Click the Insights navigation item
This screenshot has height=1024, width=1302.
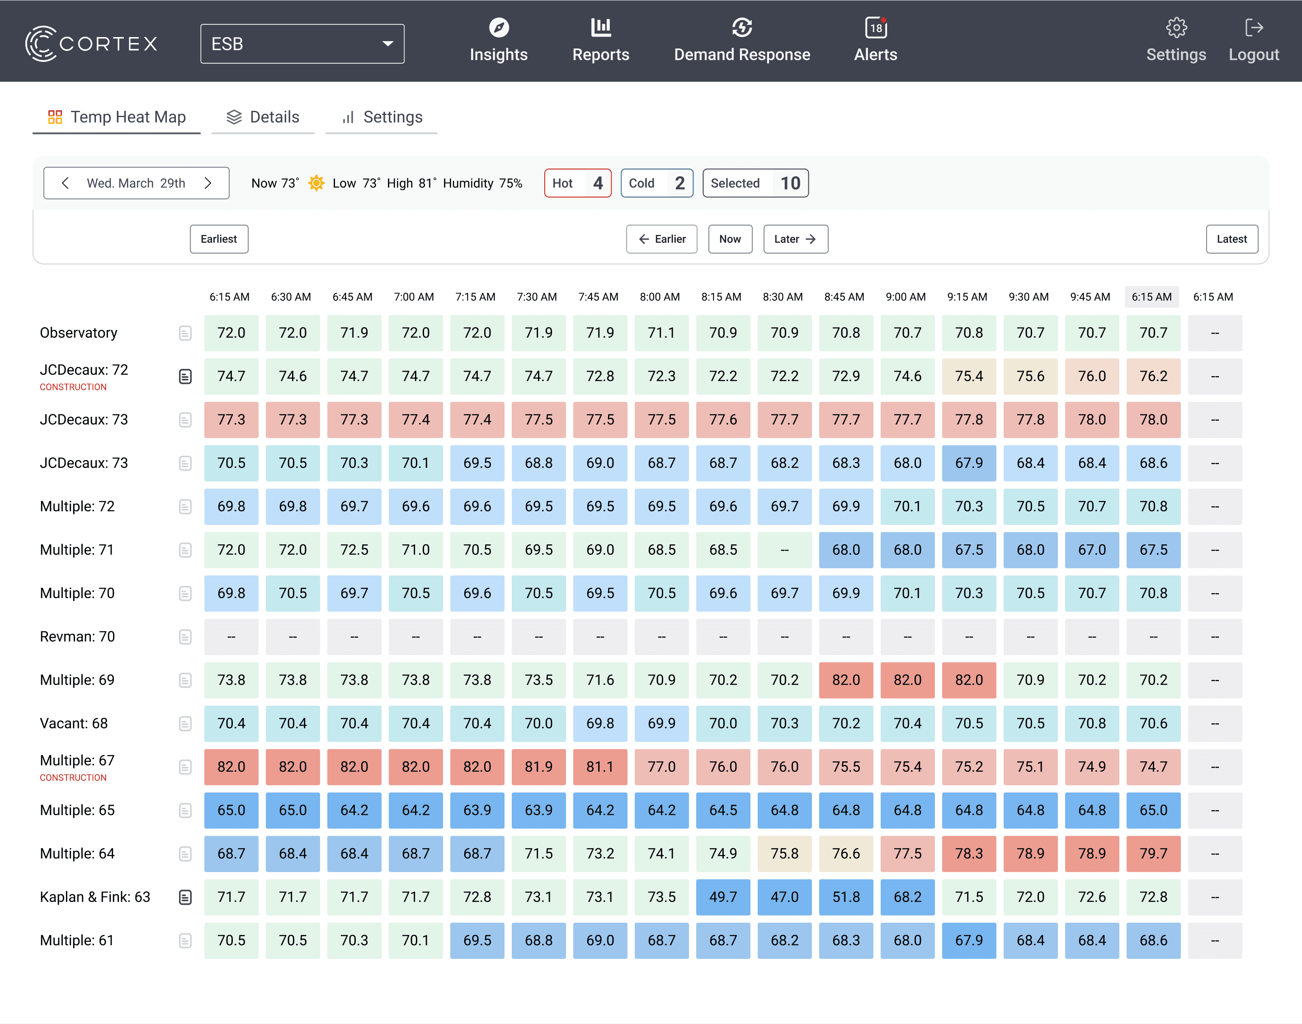[x=499, y=41]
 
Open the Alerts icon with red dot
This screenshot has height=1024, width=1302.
[x=876, y=28]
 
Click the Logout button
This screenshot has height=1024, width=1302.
[x=1254, y=41]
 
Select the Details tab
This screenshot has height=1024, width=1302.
[x=263, y=117]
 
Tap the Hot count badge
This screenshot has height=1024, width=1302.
[x=577, y=183]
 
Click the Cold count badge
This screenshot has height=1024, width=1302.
[x=656, y=183]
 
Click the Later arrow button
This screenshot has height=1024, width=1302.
[x=796, y=239]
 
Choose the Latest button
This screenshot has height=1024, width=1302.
[x=1231, y=239]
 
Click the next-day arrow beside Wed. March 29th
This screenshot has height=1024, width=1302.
[x=208, y=183]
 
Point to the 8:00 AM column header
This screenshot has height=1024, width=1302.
[x=660, y=297]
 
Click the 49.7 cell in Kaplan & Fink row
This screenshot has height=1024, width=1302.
[x=723, y=897]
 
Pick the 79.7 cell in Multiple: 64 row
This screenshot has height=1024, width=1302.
[x=1153, y=854]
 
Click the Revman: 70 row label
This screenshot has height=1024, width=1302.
[x=77, y=637]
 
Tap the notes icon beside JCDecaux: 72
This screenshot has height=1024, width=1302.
[x=185, y=377]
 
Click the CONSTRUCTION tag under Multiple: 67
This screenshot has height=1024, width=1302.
[x=73, y=778]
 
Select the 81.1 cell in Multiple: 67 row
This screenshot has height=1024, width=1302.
[x=600, y=767]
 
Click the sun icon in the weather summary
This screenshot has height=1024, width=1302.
[x=316, y=183]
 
